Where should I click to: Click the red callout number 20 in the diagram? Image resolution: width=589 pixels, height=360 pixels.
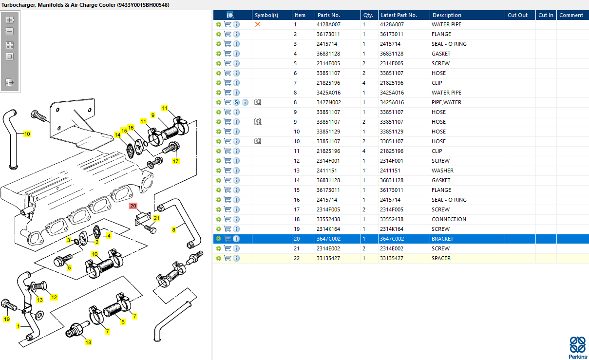133,206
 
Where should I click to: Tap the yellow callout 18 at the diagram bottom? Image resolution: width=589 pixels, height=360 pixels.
88,342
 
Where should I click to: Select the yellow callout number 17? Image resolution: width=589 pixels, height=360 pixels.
176,161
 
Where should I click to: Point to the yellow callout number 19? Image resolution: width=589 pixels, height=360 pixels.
6,319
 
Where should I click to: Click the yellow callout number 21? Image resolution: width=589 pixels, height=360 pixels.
156,218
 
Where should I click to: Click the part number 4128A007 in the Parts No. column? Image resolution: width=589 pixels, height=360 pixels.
328,24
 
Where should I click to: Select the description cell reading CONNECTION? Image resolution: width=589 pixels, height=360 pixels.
449,219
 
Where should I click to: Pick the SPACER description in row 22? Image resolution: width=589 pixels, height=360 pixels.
441,258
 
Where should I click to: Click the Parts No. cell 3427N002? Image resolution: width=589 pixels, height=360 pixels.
329,102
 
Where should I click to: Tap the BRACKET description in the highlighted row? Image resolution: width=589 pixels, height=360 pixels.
442,239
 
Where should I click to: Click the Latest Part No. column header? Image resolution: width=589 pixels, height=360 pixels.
399,15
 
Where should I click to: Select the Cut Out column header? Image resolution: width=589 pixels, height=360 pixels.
517,15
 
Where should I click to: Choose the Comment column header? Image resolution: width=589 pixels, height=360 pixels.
571,15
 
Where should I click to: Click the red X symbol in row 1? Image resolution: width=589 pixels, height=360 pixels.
258,24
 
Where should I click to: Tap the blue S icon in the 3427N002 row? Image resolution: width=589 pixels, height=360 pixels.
236,102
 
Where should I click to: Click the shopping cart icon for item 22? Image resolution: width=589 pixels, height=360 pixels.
228,258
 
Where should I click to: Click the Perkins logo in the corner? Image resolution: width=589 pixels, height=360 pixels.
578,348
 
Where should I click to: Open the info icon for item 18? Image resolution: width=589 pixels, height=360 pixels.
236,219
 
